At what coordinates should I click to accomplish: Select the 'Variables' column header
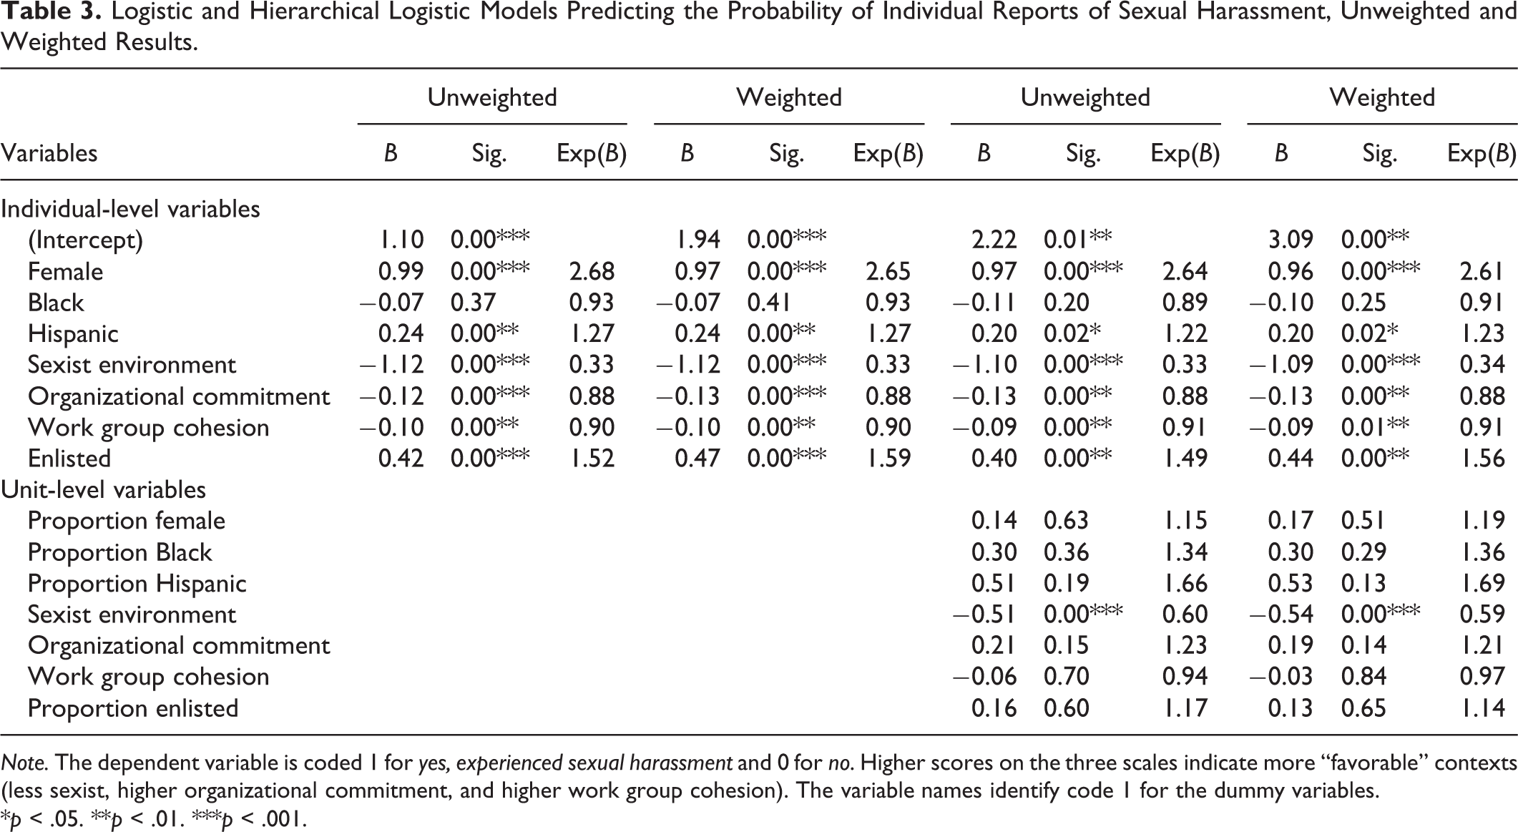click(x=49, y=153)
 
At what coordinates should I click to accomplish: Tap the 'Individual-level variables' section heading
click(x=130, y=209)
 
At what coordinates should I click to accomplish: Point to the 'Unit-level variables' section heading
click(x=103, y=489)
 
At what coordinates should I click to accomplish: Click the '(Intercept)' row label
click(x=85, y=240)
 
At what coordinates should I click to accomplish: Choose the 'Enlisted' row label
click(x=69, y=459)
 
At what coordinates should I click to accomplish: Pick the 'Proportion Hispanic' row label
click(x=137, y=584)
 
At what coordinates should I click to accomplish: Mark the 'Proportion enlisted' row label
click(x=133, y=708)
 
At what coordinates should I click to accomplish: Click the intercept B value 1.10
click(x=402, y=240)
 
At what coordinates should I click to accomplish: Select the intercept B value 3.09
click(x=1291, y=240)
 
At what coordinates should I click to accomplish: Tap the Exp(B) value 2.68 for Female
click(x=592, y=271)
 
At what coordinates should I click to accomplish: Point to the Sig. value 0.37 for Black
click(x=473, y=303)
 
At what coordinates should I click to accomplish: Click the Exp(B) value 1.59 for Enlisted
click(x=889, y=459)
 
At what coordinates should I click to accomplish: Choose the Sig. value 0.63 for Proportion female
click(x=1066, y=521)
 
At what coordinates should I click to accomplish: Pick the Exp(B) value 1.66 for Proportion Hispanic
click(x=1185, y=583)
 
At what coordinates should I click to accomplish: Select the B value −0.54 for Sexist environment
click(x=1281, y=615)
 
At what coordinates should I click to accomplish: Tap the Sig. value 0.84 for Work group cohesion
click(x=1363, y=677)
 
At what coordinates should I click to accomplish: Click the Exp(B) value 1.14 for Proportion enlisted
click(x=1482, y=708)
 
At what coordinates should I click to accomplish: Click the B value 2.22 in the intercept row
click(x=994, y=240)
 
